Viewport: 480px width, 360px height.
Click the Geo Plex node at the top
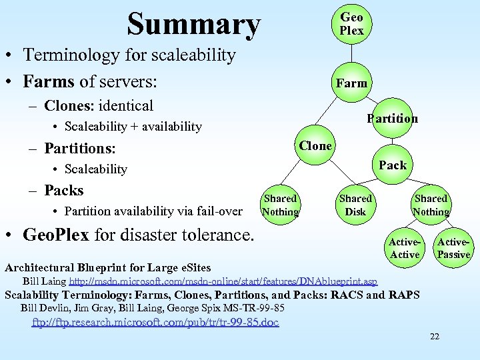pyautogui.click(x=351, y=24)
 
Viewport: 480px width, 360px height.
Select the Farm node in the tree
pyautogui.click(x=351, y=83)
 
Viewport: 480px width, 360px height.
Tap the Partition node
pyautogui.click(x=392, y=119)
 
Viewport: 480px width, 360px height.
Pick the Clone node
pyautogui.click(x=315, y=145)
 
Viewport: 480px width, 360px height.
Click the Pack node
pyautogui.click(x=392, y=165)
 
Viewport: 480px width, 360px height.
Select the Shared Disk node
pyautogui.click(x=355, y=205)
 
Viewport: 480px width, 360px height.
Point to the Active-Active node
pyautogui.click(x=404, y=248)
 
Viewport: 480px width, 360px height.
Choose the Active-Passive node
pyautogui.click(x=454, y=248)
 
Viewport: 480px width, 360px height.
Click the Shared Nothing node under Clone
pyautogui.click(x=280, y=205)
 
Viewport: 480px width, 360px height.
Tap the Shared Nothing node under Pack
pyautogui.click(x=431, y=205)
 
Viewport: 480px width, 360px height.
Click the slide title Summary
pyautogui.click(x=193, y=24)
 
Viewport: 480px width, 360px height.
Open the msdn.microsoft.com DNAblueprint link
pyautogui.click(x=223, y=281)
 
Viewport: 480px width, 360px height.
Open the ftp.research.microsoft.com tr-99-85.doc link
pyautogui.click(x=156, y=322)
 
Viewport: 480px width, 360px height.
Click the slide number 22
pyautogui.click(x=434, y=336)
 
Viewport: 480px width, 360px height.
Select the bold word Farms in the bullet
pyautogui.click(x=49, y=81)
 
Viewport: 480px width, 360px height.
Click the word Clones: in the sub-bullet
pyautogui.click(x=69, y=105)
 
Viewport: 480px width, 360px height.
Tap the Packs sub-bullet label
pyautogui.click(x=63, y=190)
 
